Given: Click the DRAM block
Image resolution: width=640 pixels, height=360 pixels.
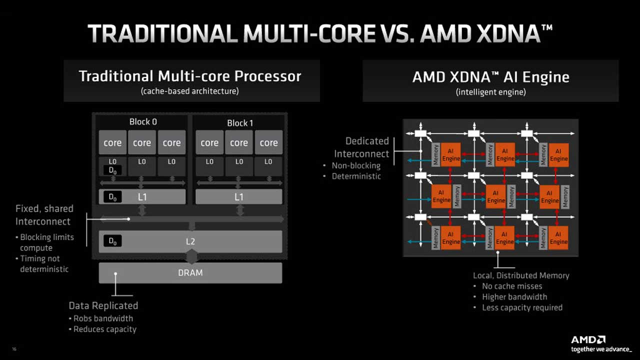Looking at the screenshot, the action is pos(190,273).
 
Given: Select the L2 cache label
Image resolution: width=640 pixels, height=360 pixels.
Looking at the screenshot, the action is pos(190,241).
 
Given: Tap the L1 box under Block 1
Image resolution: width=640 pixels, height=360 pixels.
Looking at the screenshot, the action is pos(239,197).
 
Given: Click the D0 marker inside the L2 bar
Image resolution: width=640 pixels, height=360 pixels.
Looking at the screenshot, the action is pos(112,241).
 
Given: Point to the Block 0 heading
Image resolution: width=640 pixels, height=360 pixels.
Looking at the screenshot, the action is pos(143,121).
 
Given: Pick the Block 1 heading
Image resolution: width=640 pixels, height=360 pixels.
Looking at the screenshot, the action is pos(240,123).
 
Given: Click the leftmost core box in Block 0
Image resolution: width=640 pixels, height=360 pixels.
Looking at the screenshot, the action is pos(112,142).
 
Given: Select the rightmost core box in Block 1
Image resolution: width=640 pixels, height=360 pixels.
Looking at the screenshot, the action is pos(268,142).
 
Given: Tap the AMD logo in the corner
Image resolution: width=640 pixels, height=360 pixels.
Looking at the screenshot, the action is pos(588,339).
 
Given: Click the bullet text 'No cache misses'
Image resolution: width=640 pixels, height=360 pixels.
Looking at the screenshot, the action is pos(512,286).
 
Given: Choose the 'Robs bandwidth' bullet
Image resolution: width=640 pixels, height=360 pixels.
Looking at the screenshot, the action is pos(103,318).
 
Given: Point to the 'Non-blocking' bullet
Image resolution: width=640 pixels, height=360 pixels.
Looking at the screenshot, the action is pos(356,165).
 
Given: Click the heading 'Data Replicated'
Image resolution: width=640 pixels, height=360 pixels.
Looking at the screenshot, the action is pos(103,305).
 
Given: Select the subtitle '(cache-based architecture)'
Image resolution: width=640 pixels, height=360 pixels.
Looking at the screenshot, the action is pos(189,91).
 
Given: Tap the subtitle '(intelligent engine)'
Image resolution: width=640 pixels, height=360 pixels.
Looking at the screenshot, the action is pos(490,92).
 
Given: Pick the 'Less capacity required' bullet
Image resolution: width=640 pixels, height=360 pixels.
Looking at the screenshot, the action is pos(522,307).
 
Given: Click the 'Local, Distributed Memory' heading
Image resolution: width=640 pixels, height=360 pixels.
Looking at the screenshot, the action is pos(521,275).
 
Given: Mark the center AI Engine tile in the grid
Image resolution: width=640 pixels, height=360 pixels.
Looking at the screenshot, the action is pos(495,196).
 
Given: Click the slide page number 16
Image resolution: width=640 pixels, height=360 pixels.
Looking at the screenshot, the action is pos(14,349).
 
